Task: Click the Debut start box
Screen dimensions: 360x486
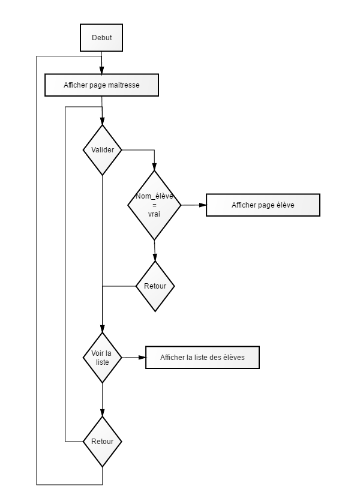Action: coord(101,38)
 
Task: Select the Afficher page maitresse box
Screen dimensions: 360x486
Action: coord(102,85)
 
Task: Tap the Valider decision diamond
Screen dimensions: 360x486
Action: coord(103,150)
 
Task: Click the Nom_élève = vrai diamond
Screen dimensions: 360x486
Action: coord(154,205)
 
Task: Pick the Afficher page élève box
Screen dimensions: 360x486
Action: coord(263,205)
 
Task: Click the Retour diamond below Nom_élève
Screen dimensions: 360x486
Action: coord(155,286)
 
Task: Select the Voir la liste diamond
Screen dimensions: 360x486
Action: coord(103,358)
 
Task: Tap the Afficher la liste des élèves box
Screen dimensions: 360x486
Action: coord(202,358)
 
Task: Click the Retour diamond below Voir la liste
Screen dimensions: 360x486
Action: coord(103,442)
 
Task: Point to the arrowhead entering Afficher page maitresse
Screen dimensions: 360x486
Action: coord(101,70)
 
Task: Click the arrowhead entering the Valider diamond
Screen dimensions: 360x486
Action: coord(103,121)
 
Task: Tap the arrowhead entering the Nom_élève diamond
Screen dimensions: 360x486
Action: coord(154,167)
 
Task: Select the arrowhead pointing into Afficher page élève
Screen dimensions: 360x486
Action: coord(202,205)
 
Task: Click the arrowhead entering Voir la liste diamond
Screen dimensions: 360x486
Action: coord(103,329)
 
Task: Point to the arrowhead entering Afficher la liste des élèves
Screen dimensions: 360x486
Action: coord(142,358)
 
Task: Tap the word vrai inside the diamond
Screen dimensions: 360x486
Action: coord(154,214)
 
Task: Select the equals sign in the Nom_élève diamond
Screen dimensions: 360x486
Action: coord(154,205)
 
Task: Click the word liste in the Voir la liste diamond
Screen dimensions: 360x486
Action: coord(103,362)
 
